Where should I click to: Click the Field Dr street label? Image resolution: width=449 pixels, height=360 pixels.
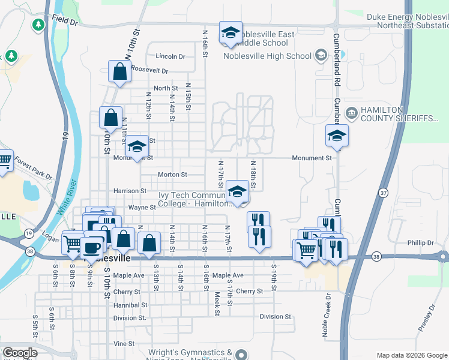point(65,21)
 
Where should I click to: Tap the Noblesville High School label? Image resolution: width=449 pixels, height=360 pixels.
point(267,56)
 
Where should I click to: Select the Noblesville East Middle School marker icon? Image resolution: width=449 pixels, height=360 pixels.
point(230,35)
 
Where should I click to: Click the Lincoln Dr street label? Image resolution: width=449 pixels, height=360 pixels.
point(170,56)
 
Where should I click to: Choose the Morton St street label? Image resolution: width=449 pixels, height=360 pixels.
point(172,175)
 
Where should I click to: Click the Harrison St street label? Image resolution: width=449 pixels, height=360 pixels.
point(130,191)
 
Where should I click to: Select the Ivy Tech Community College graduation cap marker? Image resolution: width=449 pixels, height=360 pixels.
point(238,192)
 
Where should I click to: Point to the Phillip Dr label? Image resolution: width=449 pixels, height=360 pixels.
point(420,243)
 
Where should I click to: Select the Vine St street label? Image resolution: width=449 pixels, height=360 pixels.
point(124,343)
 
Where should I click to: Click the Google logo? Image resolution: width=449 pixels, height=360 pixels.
point(20,353)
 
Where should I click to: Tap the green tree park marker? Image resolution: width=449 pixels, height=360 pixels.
point(38,25)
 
